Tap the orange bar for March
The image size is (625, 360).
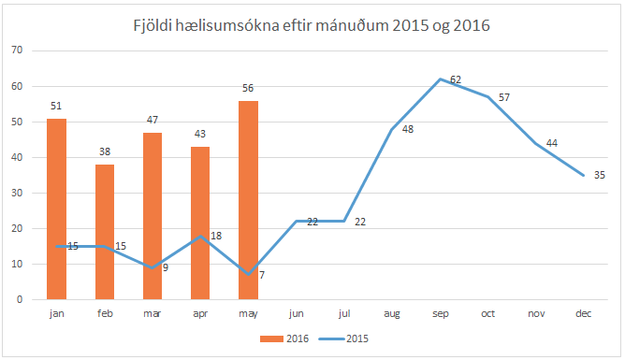point(153,216)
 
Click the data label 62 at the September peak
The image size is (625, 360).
point(456,80)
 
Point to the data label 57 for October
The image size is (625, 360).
point(504,97)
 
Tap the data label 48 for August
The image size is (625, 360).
point(408,129)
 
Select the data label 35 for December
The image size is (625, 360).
point(600,175)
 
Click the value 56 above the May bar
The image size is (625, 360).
point(248,88)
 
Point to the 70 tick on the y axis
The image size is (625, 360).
point(16,50)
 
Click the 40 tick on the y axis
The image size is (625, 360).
point(16,157)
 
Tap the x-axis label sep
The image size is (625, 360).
point(439,313)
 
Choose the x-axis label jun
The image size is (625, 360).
point(296,313)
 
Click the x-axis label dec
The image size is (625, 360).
point(582,313)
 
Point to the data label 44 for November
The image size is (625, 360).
point(552,143)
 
